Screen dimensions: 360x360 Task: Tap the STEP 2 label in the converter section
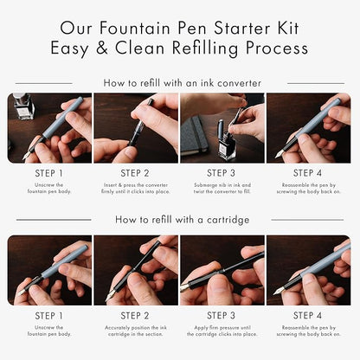(136, 173)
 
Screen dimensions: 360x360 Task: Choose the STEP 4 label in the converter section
(309, 173)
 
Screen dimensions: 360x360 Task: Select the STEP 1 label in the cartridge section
(49, 317)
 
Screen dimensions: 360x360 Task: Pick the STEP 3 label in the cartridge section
(222, 317)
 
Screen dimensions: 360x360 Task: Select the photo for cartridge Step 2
(136, 270)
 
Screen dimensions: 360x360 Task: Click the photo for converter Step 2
(136, 128)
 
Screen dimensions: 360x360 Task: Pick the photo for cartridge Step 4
(309, 270)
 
